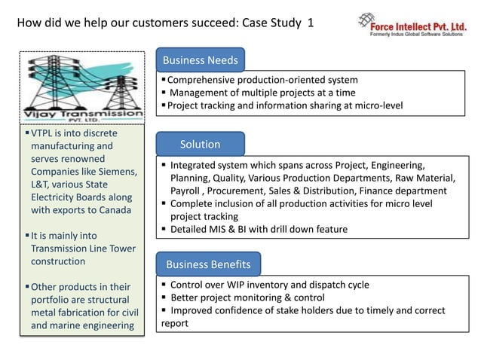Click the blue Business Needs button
[x=200, y=59]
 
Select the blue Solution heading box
[x=200, y=144]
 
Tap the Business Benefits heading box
[x=208, y=264]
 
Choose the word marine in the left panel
[x=68, y=325]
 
